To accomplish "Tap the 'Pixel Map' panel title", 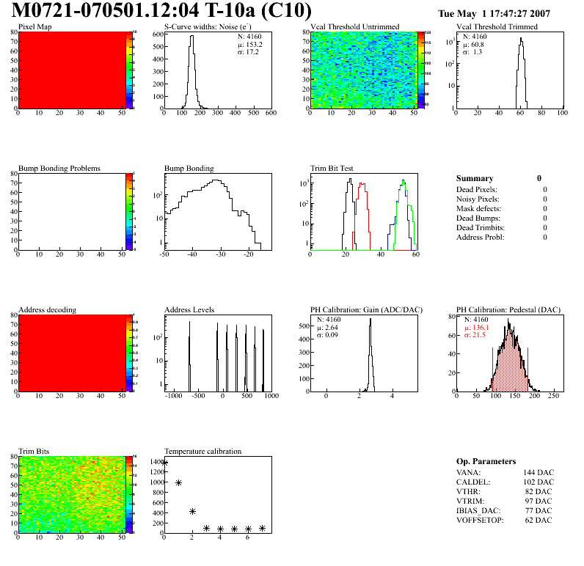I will [35, 27].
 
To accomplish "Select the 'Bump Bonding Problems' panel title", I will [59, 169].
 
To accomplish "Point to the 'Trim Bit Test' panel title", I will [332, 169].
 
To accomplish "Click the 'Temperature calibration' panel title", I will [203, 452].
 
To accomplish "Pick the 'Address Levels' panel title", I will [189, 310].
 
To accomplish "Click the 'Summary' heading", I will [475, 178].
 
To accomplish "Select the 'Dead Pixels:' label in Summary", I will [478, 189].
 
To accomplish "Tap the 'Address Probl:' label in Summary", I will [481, 237].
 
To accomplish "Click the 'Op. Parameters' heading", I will [486, 461].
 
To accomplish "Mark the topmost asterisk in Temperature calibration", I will [164, 463].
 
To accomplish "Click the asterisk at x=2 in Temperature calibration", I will [192, 511].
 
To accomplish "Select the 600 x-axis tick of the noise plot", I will [270, 114].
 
